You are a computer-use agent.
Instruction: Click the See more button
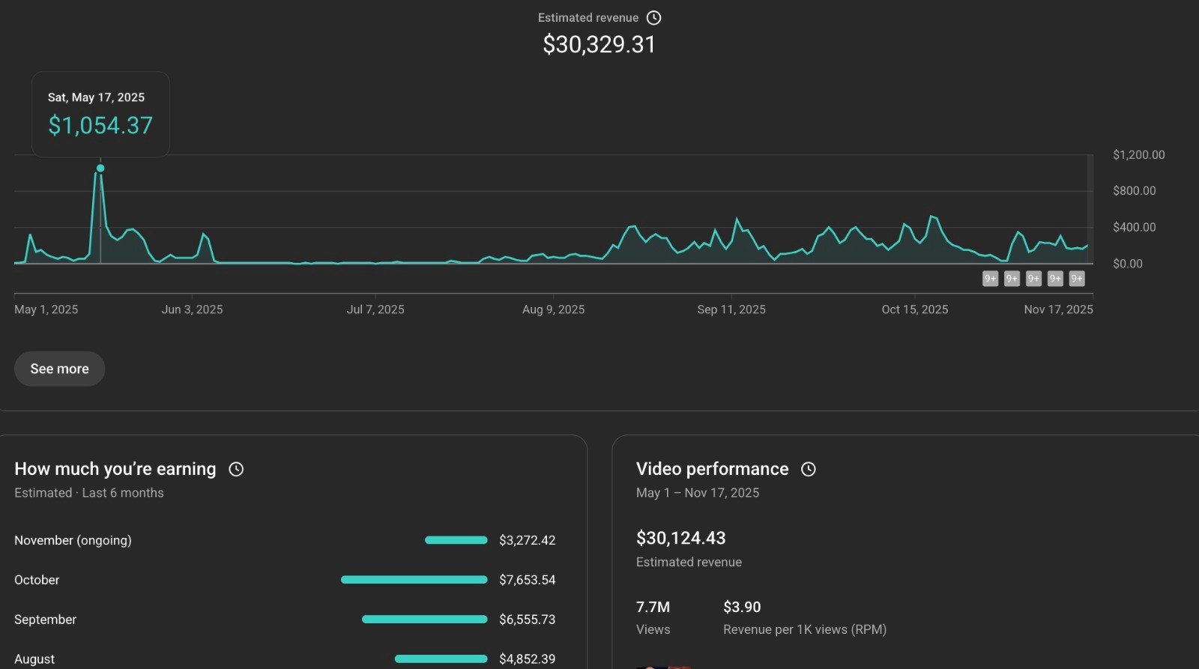coord(59,369)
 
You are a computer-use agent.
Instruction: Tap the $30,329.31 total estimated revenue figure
coord(599,45)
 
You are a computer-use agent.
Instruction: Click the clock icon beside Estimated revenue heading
coord(654,18)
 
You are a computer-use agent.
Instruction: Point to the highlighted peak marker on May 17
coord(100,169)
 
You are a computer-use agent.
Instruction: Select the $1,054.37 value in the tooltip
coord(100,125)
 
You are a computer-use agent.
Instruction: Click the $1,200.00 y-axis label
coord(1138,155)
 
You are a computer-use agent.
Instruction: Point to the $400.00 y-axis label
coord(1134,227)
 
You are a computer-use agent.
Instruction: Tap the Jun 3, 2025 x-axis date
coord(192,309)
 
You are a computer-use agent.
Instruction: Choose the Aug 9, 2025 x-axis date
coord(553,309)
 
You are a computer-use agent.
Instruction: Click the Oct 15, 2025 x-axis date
coord(914,309)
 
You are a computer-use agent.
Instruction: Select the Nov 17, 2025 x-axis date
coord(1058,309)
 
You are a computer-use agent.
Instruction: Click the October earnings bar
coord(414,580)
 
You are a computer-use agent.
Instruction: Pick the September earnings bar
coord(424,620)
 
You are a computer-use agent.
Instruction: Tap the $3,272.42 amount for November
coord(527,540)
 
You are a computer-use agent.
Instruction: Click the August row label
coord(34,659)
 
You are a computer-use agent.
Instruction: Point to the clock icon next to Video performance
coord(808,469)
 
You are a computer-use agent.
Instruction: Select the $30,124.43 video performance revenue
coord(680,538)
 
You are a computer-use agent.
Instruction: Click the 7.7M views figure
coord(653,607)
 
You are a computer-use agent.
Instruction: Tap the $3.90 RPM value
coord(742,607)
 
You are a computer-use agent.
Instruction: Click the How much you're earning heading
coord(115,469)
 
